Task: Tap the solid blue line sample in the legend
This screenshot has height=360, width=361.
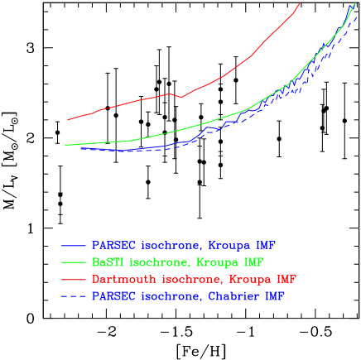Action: pyautogui.click(x=74, y=246)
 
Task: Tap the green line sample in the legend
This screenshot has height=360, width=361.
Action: pyautogui.click(x=74, y=262)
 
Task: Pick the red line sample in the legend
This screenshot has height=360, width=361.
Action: pyautogui.click(x=74, y=279)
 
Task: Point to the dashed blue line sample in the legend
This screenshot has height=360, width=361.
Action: pyautogui.click(x=74, y=295)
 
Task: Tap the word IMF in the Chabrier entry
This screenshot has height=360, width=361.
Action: pyautogui.click(x=274, y=295)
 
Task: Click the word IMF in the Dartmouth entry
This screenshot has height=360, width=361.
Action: pyautogui.click(x=285, y=279)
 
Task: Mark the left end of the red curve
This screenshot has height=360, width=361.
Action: pyautogui.click(x=68, y=120)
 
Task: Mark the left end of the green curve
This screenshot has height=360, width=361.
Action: pyautogui.click(x=65, y=145)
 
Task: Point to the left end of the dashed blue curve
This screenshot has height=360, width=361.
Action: pyautogui.click(x=80, y=149)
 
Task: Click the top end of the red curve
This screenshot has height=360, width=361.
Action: pyautogui.click(x=300, y=3)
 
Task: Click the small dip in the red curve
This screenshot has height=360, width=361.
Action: pyautogui.click(x=180, y=97)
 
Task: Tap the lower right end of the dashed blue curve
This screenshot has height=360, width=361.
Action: pyautogui.click(x=358, y=17)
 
